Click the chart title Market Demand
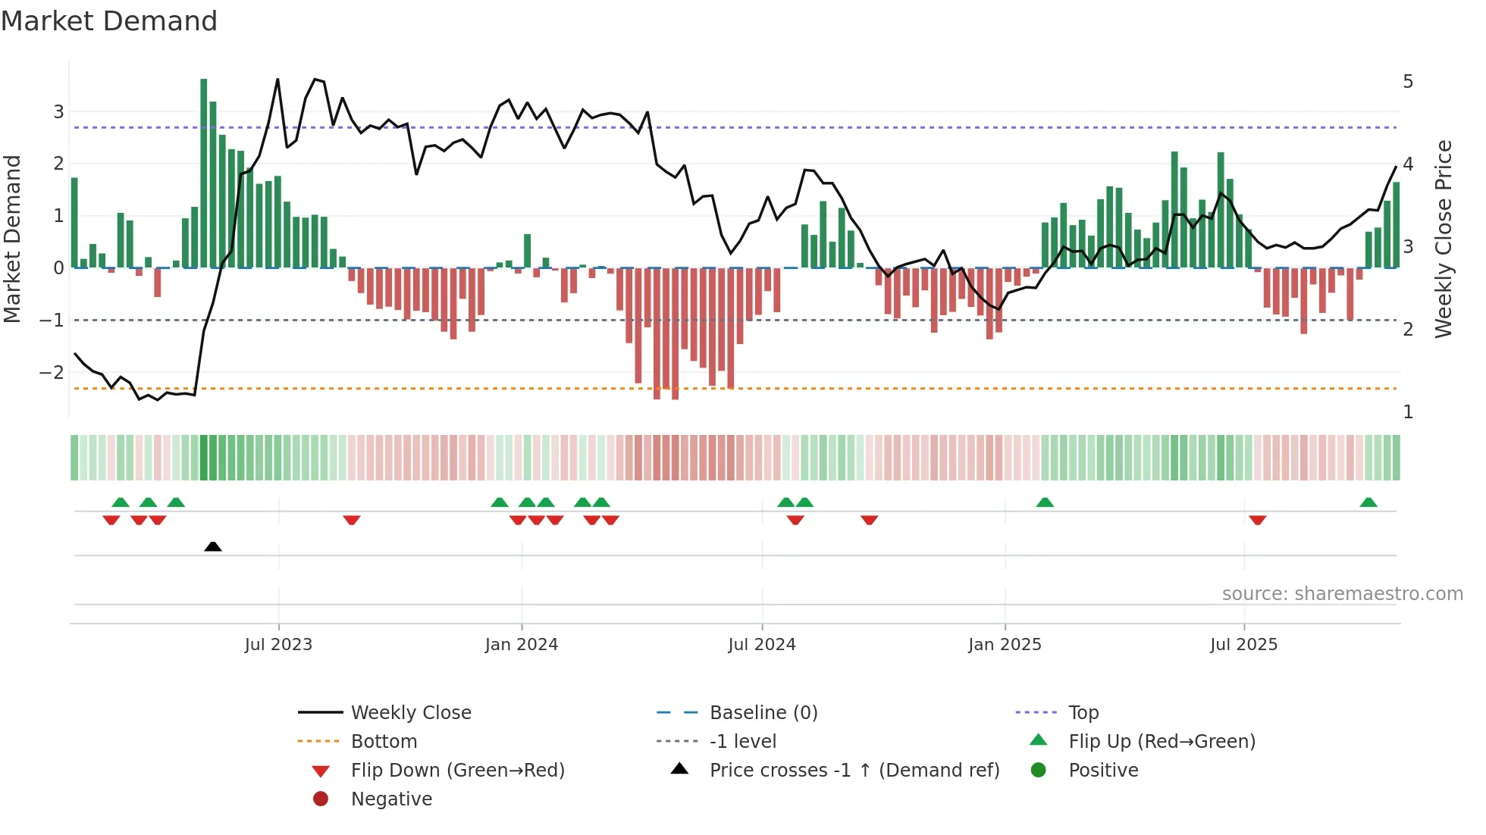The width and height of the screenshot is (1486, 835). [109, 21]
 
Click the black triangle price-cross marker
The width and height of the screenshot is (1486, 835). [213, 546]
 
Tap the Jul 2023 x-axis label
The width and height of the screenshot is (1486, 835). [278, 645]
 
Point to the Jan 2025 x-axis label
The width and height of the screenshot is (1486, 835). [1005, 645]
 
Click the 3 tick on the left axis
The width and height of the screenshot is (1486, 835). [58, 112]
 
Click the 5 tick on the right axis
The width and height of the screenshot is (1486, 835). [1408, 82]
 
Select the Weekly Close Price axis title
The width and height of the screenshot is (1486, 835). [1444, 239]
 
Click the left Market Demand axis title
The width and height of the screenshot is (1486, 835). [12, 239]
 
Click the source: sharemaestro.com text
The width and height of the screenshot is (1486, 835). [1342, 594]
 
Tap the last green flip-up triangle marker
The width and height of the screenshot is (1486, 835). [1368, 502]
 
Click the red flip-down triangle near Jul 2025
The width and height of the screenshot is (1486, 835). [1258, 520]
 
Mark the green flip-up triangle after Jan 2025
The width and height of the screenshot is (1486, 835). [1045, 502]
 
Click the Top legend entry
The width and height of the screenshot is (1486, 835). [1083, 713]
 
